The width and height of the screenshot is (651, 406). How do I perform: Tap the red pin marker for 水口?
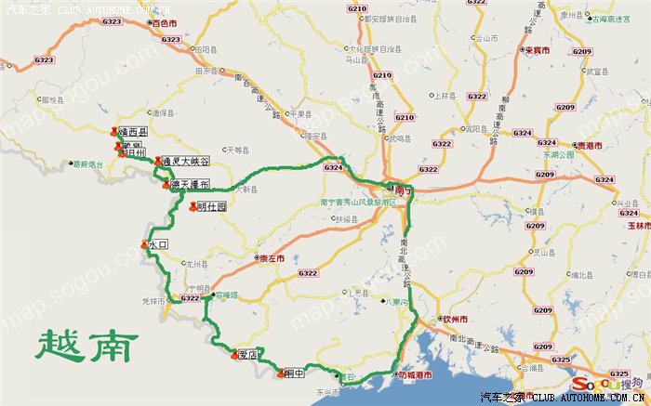[144, 244]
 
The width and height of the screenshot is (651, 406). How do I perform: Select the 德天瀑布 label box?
[190, 184]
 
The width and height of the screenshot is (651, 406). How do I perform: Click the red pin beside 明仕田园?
[193, 207]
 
